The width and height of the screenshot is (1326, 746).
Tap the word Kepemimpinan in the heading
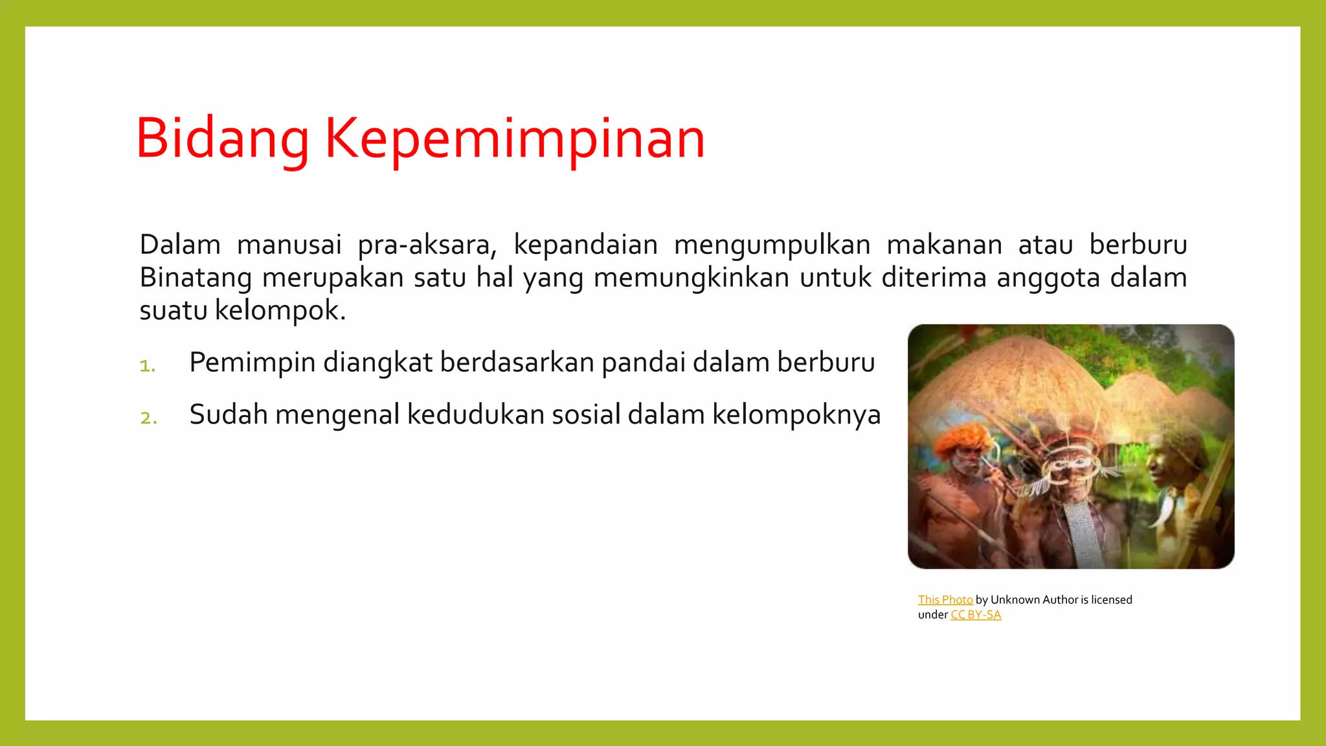pyautogui.click(x=514, y=139)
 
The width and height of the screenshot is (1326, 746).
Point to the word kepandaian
pyautogui.click(x=585, y=245)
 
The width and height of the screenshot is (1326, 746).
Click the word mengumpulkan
pyautogui.click(x=772, y=245)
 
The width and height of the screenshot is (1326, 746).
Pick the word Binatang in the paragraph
pyautogui.click(x=196, y=278)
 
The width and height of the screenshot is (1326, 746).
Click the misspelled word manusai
pyautogui.click(x=289, y=245)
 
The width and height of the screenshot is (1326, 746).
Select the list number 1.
pyautogui.click(x=148, y=366)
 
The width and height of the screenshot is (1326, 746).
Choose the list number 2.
pyautogui.click(x=148, y=418)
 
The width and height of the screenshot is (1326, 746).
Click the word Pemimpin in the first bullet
pyautogui.click(x=252, y=363)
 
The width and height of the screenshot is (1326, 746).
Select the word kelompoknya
pyautogui.click(x=796, y=415)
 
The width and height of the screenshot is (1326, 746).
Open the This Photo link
pyautogui.click(x=945, y=600)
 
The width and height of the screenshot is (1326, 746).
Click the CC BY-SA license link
pyautogui.click(x=976, y=615)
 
